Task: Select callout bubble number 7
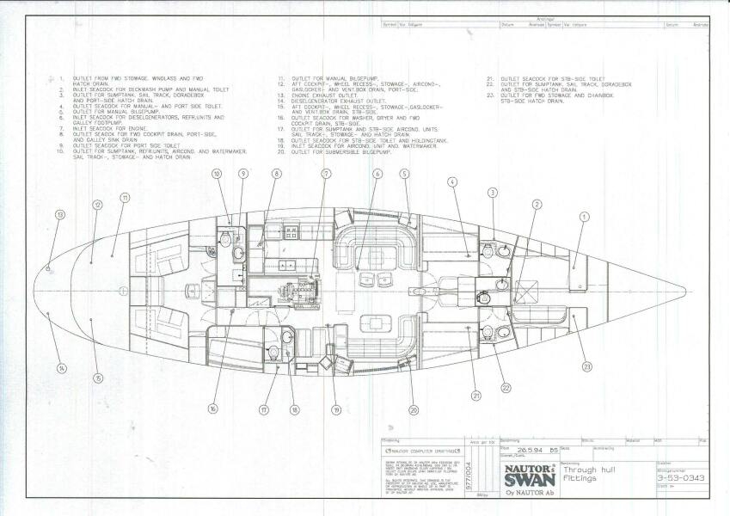point(327,174)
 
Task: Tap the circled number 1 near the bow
point(585,218)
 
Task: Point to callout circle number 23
point(587,367)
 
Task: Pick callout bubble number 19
point(336,410)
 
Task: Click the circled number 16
point(212,408)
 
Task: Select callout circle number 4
point(452,181)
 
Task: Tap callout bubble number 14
point(61,368)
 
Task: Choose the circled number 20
point(413,410)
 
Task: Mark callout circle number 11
point(125,198)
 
